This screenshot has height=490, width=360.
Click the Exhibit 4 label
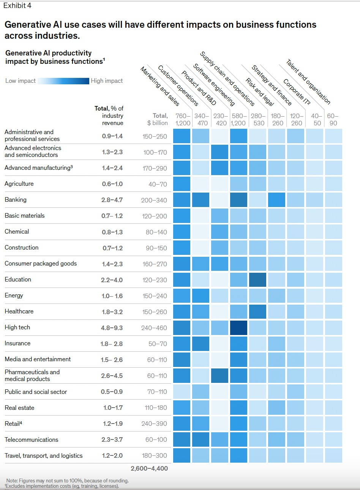pyautogui.click(x=17, y=6)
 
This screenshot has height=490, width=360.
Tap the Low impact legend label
pyautogui.click(x=21, y=81)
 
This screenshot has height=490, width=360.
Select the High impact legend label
pyautogui.click(x=107, y=81)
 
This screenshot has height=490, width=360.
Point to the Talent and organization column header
pyautogui.click(x=308, y=82)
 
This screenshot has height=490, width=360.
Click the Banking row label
pyautogui.click(x=16, y=200)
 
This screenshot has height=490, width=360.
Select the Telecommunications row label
pyautogui.click(x=32, y=440)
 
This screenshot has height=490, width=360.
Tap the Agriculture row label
pyautogui.click(x=19, y=184)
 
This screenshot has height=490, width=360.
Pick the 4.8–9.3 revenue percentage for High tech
pyautogui.click(x=112, y=328)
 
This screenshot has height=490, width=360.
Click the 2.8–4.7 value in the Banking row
pyautogui.click(x=112, y=200)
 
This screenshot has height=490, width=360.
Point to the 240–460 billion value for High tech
pyautogui.click(x=154, y=328)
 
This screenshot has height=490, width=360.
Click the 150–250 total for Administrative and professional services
pyautogui.click(x=155, y=136)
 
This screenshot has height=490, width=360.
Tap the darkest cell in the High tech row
pyautogui.click(x=238, y=327)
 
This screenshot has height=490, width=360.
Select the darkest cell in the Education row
pyautogui.click(x=257, y=280)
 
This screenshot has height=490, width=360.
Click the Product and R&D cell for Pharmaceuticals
pyautogui.click(x=219, y=375)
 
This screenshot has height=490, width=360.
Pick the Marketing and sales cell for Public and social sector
pyautogui.click(x=182, y=391)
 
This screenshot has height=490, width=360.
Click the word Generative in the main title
pyautogui.click(x=30, y=25)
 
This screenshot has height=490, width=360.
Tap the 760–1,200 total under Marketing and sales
pyautogui.click(x=183, y=119)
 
